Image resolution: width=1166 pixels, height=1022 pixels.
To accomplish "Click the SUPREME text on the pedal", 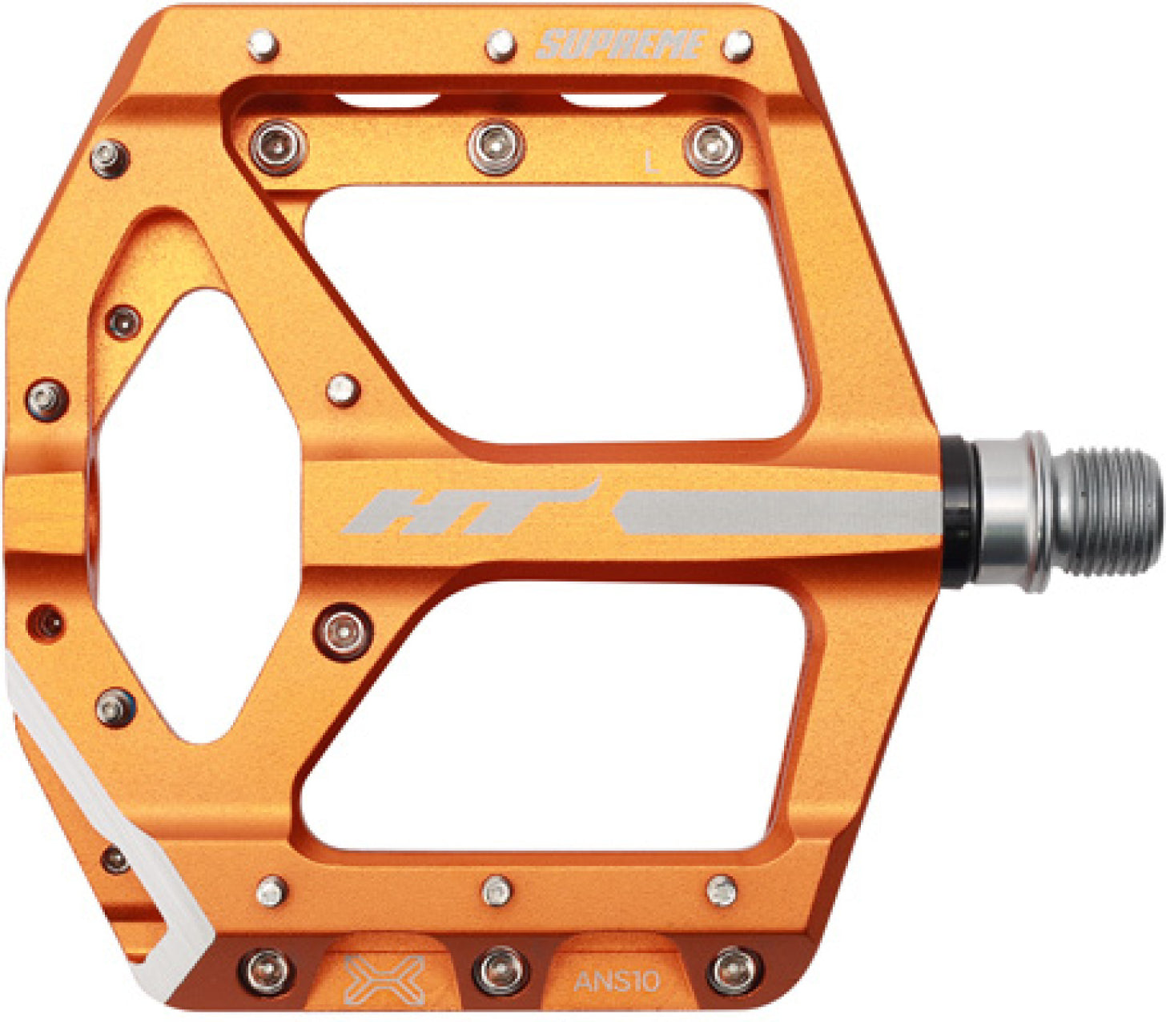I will pyautogui.click(x=621, y=45).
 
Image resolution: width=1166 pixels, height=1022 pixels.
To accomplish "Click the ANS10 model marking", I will pyautogui.click(x=616, y=980).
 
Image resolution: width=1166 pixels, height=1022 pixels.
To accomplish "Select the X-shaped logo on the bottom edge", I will pyautogui.click(x=384, y=978).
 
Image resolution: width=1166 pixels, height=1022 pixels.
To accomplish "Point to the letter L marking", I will pyautogui.click(x=652, y=164).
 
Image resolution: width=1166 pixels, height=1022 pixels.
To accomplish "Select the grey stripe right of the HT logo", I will pyautogui.click(x=777, y=513).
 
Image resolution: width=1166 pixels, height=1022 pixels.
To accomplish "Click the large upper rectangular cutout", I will pyautogui.click(x=553, y=312).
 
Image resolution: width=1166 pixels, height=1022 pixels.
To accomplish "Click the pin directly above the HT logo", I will pyautogui.click(x=344, y=390).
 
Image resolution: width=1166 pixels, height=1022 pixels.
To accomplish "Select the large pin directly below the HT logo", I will pyautogui.click(x=344, y=630).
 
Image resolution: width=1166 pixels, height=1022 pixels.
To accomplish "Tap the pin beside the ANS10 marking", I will pyautogui.click(x=732, y=969).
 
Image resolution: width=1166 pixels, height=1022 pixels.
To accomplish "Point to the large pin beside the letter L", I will pyautogui.click(x=712, y=147).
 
